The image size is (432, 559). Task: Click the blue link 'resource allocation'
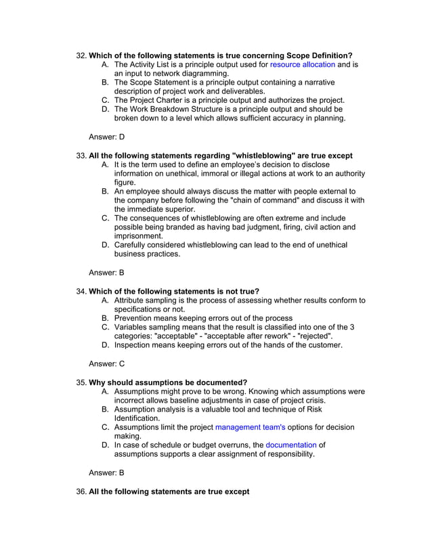302,64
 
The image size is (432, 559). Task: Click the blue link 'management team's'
250,427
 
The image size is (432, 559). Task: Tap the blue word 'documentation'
290,445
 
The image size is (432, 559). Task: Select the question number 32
81,55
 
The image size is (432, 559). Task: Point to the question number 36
81,491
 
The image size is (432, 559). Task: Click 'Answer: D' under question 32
107,137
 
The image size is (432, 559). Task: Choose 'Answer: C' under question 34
107,363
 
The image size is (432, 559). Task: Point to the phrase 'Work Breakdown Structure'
181,109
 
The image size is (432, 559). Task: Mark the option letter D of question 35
105,445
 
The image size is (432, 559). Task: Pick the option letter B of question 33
105,192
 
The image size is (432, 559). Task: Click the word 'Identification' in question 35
136,418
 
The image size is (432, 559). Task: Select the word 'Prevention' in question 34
135,318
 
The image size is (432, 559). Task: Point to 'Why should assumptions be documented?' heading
168,382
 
